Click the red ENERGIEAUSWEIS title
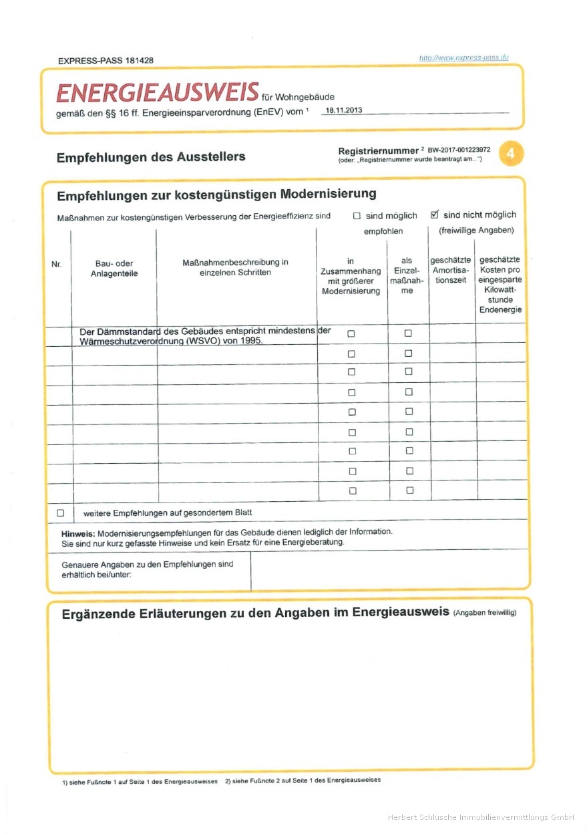click(158, 93)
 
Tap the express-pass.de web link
click(463, 58)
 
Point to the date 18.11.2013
click(344, 110)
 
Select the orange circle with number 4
click(511, 154)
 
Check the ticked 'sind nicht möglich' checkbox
click(435, 215)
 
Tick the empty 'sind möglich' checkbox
click(357, 216)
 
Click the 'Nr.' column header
click(56, 265)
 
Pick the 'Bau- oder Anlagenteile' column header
click(114, 269)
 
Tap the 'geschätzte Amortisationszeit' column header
click(451, 269)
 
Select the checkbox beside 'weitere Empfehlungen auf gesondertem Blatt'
click(61, 513)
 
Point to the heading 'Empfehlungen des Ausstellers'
click(151, 157)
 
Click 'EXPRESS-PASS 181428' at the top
click(106, 60)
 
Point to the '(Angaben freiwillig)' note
click(484, 613)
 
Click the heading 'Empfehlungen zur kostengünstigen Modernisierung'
click(216, 194)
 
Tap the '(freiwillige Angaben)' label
click(476, 231)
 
